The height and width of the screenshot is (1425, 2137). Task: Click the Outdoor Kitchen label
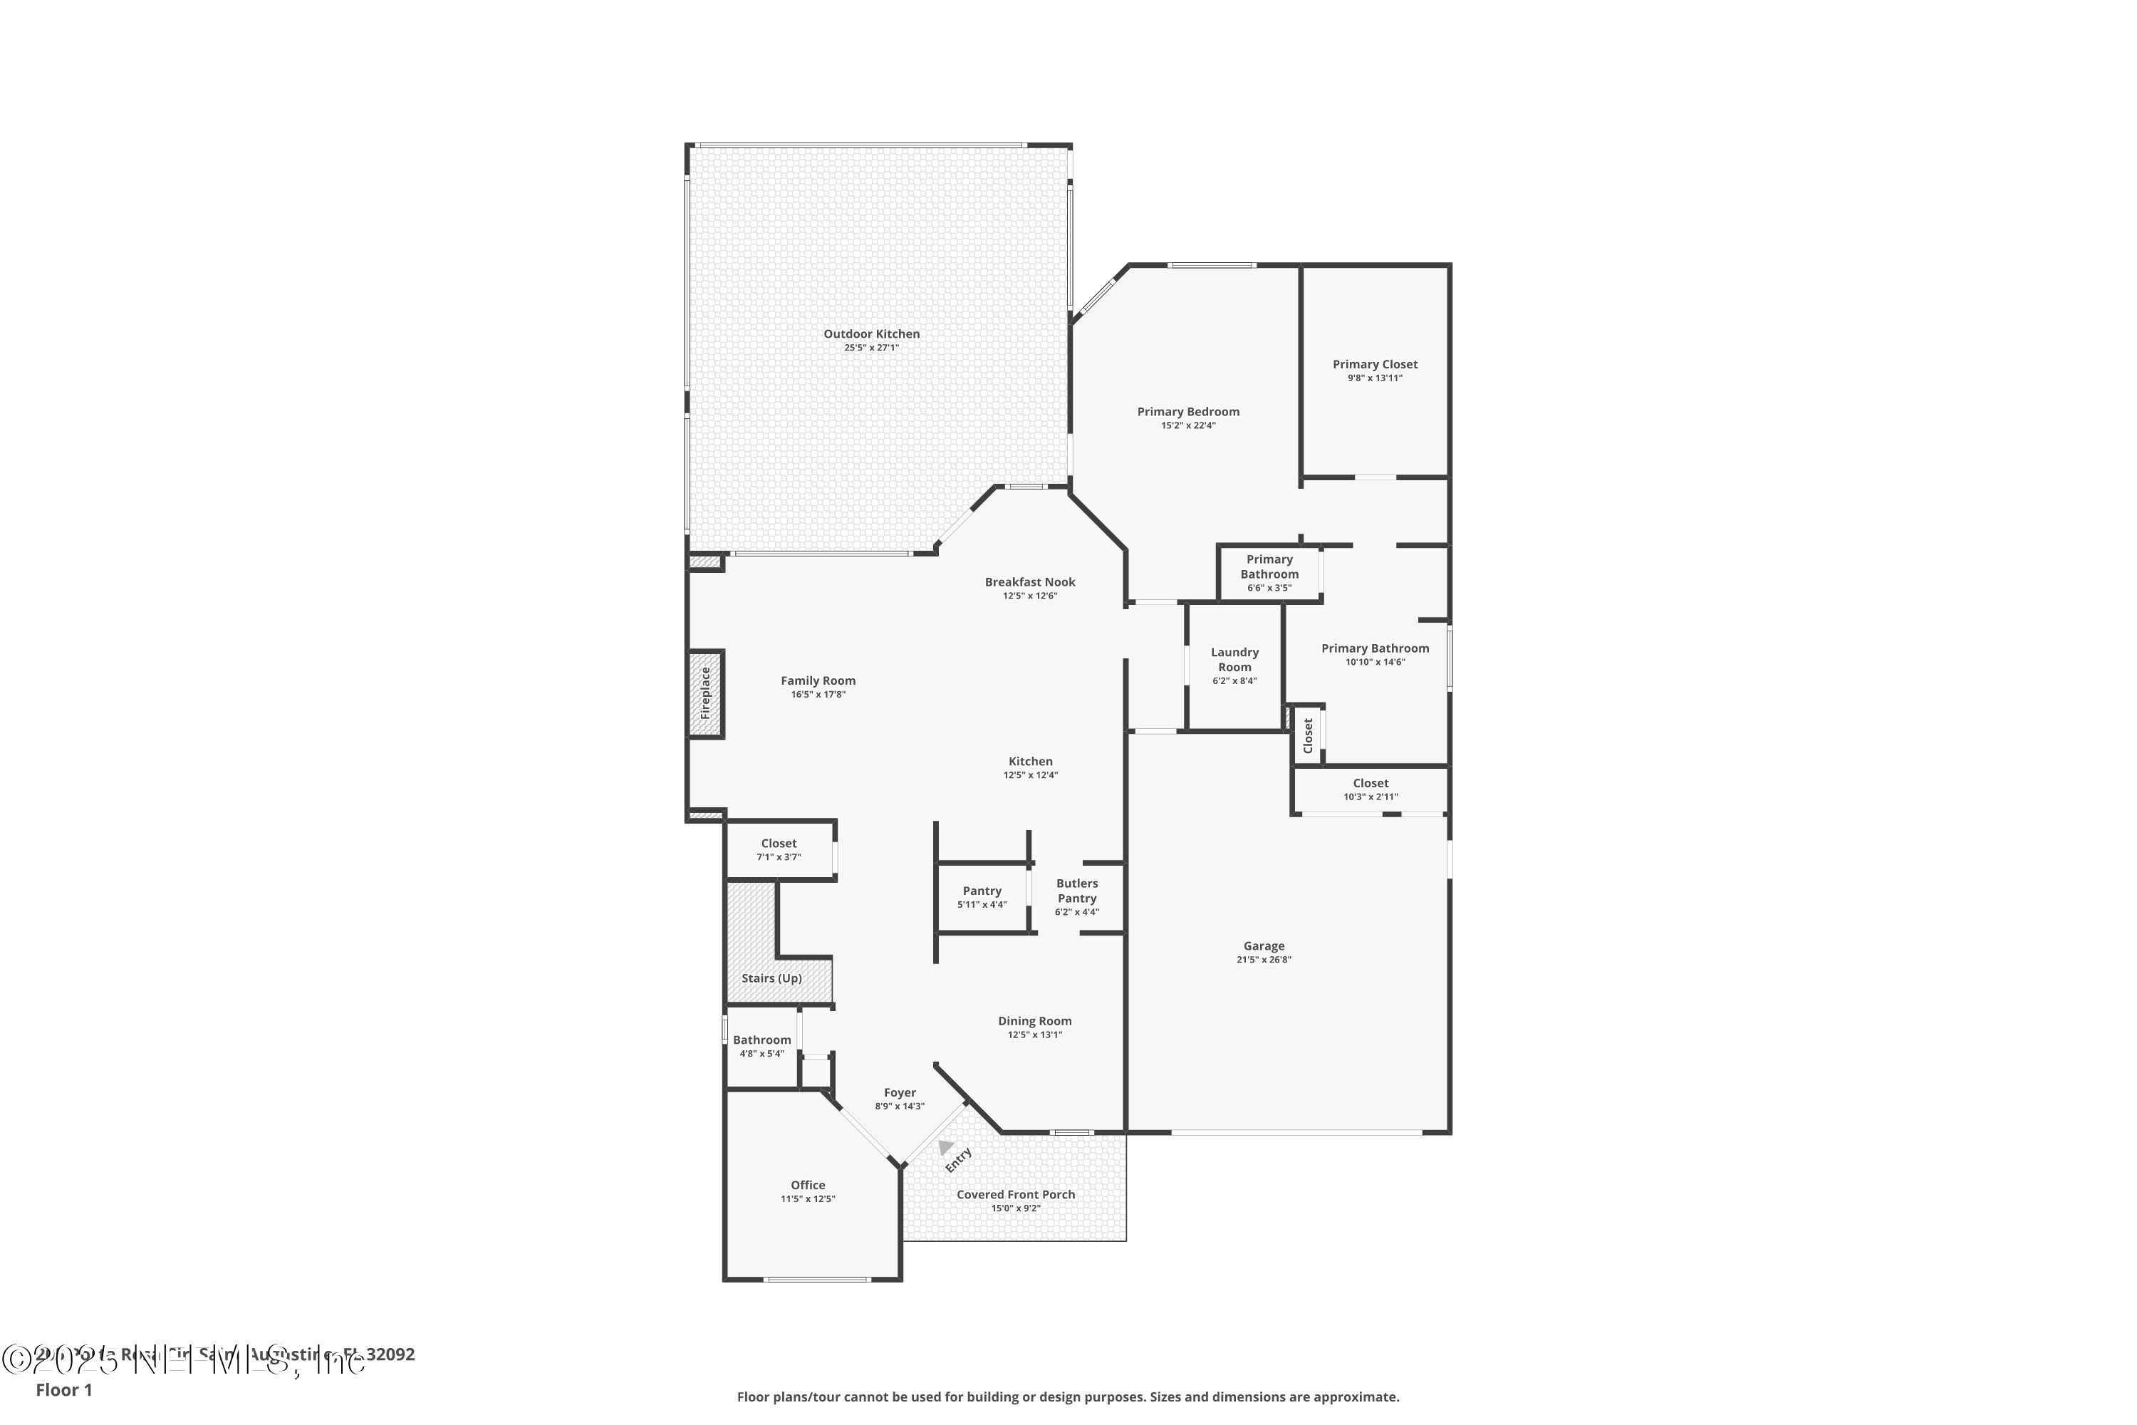[x=871, y=333]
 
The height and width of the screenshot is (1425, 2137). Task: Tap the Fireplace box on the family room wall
[x=705, y=694]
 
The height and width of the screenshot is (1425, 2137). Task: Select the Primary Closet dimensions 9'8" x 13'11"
[x=1375, y=378]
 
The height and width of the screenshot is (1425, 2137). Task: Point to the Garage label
[x=1263, y=946]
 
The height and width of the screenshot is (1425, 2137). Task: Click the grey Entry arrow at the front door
[x=946, y=1147]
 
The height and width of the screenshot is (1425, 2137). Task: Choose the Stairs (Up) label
[x=771, y=978]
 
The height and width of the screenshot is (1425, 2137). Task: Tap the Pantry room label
[x=982, y=891]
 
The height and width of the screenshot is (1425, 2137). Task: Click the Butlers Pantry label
[x=1076, y=891]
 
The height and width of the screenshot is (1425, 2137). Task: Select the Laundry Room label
[x=1234, y=659]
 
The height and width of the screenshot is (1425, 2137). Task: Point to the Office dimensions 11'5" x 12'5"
[x=808, y=1198]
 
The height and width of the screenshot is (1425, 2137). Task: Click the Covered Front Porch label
[x=1016, y=1194]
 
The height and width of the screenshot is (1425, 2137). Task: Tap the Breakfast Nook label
[x=1030, y=581]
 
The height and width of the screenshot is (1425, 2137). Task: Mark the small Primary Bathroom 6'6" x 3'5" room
[x=1269, y=573]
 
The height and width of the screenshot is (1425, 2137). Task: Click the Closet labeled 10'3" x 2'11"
[x=1370, y=789]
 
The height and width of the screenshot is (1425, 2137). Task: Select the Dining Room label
[x=1035, y=1020]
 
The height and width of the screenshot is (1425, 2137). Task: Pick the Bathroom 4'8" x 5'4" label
[x=761, y=1040]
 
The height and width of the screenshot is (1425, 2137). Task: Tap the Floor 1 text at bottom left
[x=63, y=1389]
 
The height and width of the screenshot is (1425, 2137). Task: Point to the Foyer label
[x=900, y=1092]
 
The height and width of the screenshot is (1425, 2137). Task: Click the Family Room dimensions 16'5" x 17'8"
[x=818, y=694]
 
